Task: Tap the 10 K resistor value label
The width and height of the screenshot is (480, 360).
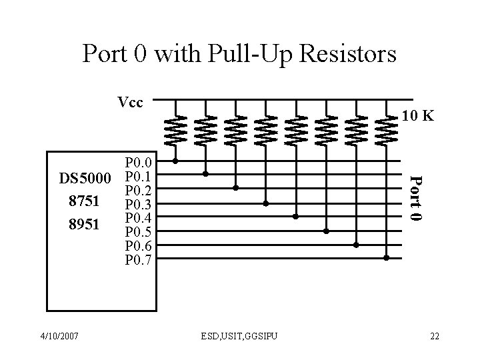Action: (418, 117)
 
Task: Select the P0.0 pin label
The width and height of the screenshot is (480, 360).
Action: (139, 162)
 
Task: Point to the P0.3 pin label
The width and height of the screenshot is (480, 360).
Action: (139, 204)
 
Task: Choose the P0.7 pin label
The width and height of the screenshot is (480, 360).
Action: (139, 259)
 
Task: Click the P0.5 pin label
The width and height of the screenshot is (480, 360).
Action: (139, 232)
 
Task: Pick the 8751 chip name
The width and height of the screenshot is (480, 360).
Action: (84, 201)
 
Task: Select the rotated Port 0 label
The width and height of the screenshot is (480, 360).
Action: (415, 198)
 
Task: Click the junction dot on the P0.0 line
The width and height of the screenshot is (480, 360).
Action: (175, 161)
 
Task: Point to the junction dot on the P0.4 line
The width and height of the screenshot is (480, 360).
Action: (296, 217)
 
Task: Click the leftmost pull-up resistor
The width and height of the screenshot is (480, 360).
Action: (175, 129)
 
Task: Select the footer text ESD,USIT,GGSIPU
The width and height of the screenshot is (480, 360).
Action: (239, 335)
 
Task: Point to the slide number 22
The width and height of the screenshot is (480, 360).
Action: (435, 335)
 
